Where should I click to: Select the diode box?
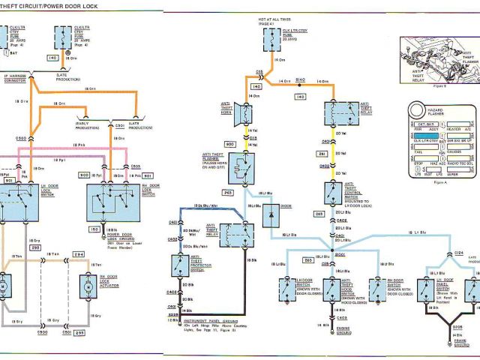pos(271,216)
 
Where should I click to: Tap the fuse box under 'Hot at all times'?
pos(268,40)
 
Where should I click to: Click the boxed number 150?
pos(95,229)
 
